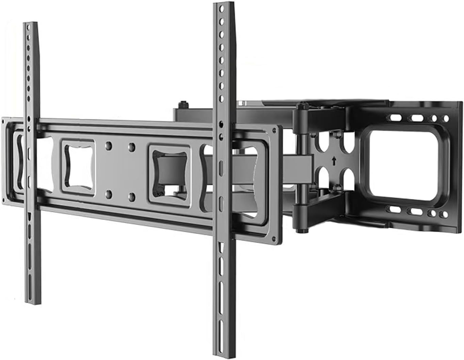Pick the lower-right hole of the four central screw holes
coord(132,197)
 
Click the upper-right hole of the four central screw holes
coord(131,147)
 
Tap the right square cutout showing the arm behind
coord(169,174)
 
